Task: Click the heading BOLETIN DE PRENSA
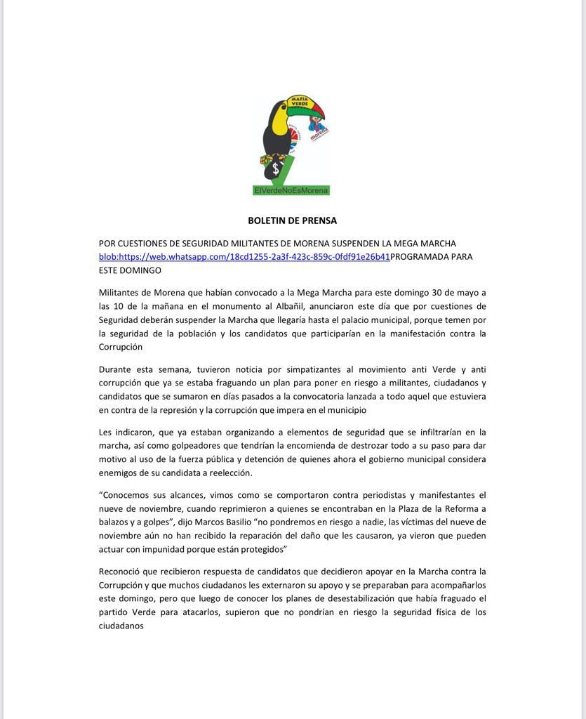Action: [292, 220]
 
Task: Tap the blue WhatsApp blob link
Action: [244, 257]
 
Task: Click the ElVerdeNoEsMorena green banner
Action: [291, 190]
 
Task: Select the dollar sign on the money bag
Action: [276, 169]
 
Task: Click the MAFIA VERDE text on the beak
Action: [300, 102]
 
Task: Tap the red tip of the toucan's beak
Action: [321, 116]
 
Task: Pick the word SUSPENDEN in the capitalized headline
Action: [359, 244]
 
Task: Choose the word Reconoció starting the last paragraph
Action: [120, 572]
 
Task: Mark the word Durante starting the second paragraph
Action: [115, 369]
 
